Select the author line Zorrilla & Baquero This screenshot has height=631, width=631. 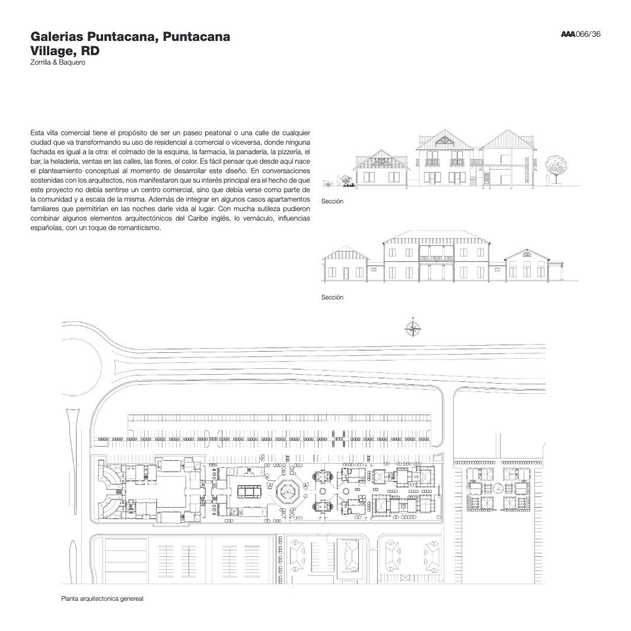point(58,62)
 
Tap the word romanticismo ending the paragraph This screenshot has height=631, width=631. point(136,228)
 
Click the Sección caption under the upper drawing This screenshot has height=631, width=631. point(332,202)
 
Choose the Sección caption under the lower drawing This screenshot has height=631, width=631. point(332,297)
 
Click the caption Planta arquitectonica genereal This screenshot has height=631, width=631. point(103,599)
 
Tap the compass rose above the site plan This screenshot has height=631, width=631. point(413,327)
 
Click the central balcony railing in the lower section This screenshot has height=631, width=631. point(436,259)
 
